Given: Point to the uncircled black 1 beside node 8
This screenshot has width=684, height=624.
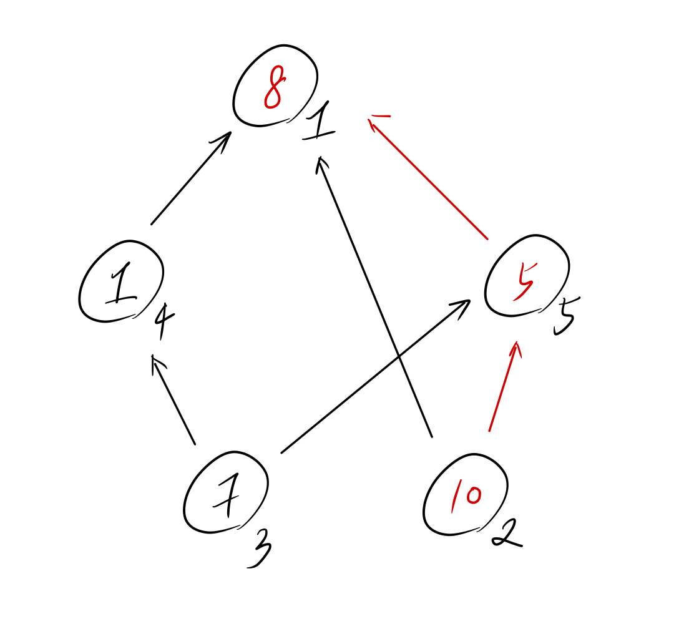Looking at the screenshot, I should tap(320, 125).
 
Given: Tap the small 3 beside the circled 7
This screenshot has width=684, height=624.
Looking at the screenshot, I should tap(258, 550).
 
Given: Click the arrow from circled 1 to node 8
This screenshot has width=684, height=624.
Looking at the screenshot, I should tap(190, 179).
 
